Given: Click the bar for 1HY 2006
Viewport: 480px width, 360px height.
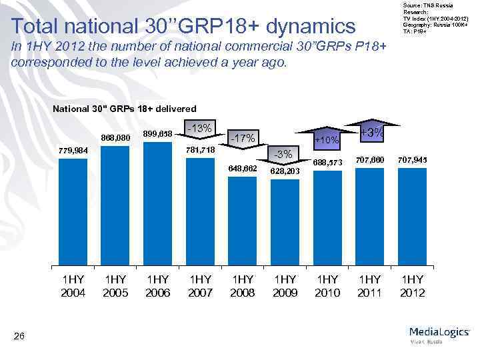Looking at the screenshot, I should click(158, 203).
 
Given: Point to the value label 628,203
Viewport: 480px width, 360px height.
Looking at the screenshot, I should click(285, 171).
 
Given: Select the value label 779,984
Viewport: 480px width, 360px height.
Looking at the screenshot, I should click(73, 151).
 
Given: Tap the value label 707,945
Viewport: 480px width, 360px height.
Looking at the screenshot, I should click(412, 160).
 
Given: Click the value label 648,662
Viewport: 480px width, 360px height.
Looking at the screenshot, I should click(242, 169).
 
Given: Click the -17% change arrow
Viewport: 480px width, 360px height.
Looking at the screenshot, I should click(242, 139).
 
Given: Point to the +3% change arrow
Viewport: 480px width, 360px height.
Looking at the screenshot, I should click(371, 133).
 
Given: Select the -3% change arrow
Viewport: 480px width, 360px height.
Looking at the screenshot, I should click(285, 155).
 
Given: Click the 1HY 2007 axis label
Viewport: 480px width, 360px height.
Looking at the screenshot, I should click(200, 286).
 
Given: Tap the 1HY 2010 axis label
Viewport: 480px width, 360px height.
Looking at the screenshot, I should click(327, 286).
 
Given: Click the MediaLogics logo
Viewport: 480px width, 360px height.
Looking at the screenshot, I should click(439, 334).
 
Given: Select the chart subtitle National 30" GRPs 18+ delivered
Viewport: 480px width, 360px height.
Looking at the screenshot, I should click(124, 108).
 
